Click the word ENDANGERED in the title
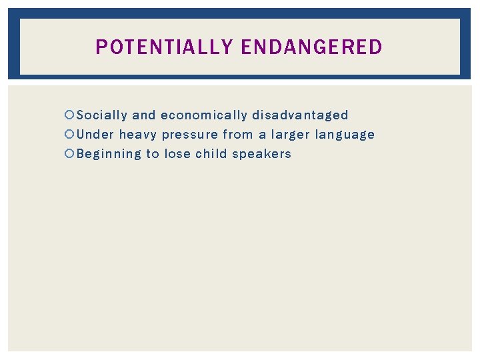[x=311, y=47]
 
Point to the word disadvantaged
[x=300, y=115]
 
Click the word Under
[x=95, y=135]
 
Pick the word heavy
[x=138, y=135]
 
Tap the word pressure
[x=190, y=135]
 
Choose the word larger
[x=291, y=135]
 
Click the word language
[x=345, y=135]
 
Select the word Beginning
[x=109, y=155]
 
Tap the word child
[x=211, y=154]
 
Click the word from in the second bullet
[x=238, y=135]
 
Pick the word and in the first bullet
[x=144, y=115]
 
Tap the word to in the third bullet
[x=153, y=154]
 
